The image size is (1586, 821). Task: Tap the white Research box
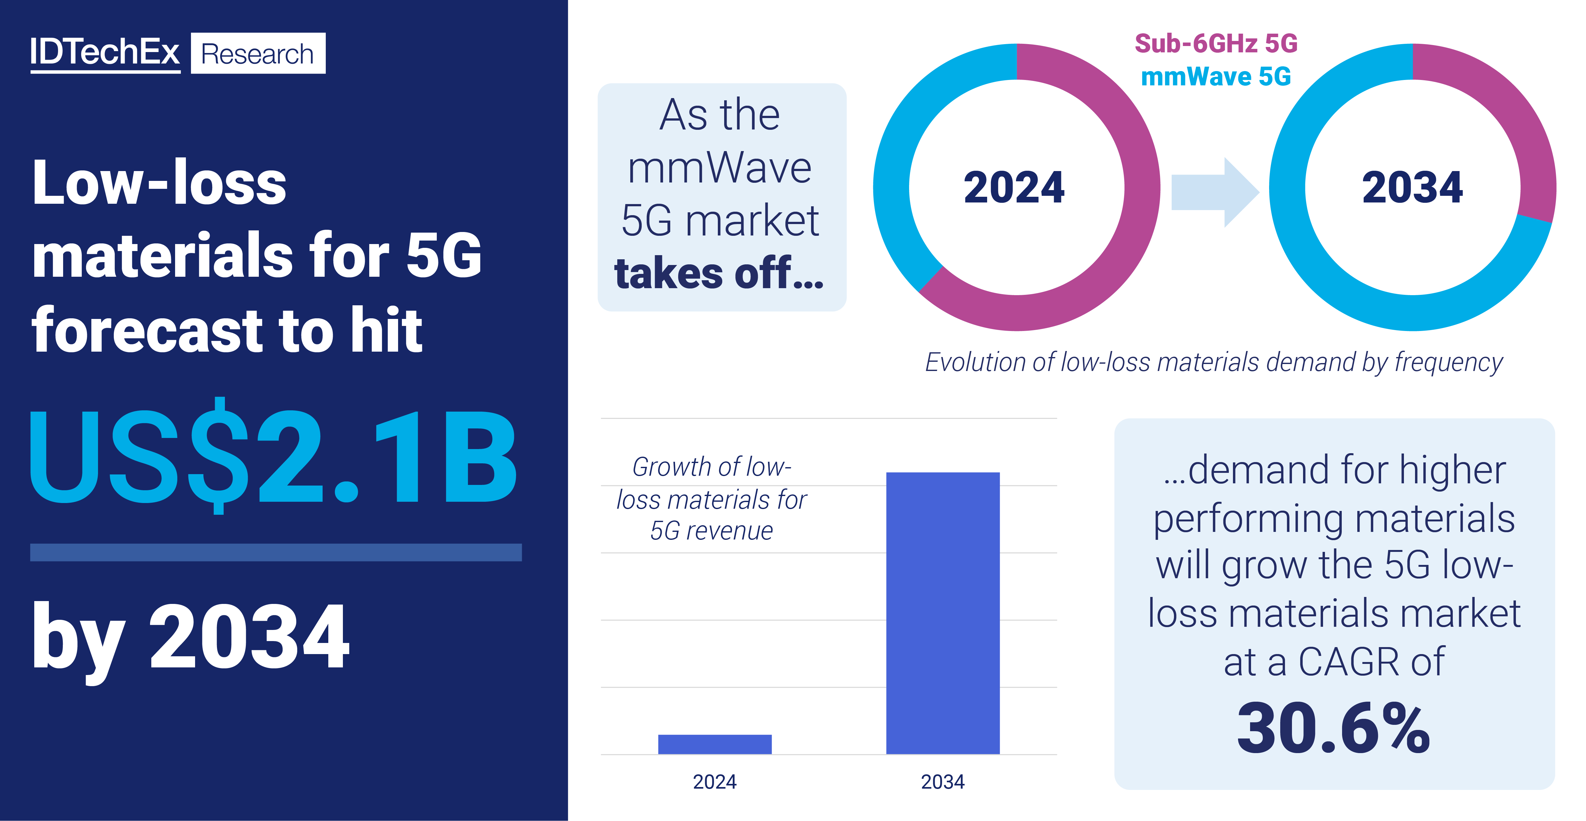click(x=258, y=54)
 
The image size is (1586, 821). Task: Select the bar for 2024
click(x=714, y=744)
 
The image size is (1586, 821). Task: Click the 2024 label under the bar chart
click(x=714, y=782)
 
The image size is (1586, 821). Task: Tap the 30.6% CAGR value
click(x=1334, y=729)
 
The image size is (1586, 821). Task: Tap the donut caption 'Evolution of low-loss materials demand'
click(x=1213, y=362)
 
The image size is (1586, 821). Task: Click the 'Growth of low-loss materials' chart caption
click(x=712, y=499)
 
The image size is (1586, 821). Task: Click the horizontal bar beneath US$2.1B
click(x=276, y=552)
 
